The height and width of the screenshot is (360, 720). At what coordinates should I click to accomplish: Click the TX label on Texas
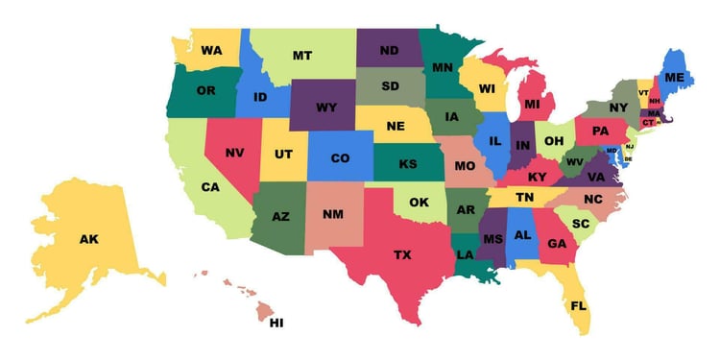[402, 254]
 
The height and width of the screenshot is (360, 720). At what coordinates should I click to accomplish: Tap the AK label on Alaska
[88, 239]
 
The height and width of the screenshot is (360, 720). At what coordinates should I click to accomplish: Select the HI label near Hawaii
[276, 323]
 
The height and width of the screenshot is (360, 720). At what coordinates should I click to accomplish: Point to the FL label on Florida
[579, 306]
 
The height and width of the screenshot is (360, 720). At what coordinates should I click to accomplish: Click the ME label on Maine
[675, 77]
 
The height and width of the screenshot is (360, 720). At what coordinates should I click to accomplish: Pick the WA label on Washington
[212, 50]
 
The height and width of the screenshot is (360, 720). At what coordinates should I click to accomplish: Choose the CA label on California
[211, 187]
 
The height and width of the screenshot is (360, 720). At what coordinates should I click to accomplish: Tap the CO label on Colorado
[341, 158]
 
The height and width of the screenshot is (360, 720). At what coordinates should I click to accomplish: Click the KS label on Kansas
[408, 164]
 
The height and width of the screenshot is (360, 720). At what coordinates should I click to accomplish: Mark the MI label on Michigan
[533, 104]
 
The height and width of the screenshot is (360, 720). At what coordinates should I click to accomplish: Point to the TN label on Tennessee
[525, 197]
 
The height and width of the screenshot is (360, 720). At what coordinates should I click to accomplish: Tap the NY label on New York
[618, 108]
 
